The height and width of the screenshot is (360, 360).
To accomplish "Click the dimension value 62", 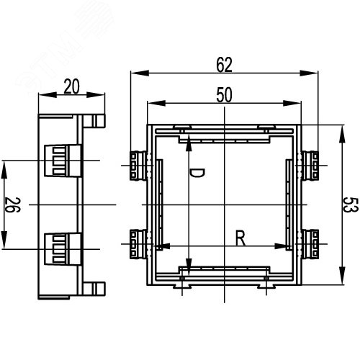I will [x=224, y=66].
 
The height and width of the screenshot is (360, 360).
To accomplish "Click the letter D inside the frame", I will [x=199, y=172].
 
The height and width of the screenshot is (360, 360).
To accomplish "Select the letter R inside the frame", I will [x=241, y=238].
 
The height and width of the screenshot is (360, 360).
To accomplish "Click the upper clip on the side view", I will [x=58, y=161].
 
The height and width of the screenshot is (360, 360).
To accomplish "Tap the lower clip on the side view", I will [x=58, y=248].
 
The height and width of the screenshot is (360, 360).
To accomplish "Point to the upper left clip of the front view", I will [x=138, y=166].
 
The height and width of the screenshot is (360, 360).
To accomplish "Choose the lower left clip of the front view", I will [x=138, y=243].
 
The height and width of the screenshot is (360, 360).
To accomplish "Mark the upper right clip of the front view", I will [x=312, y=166].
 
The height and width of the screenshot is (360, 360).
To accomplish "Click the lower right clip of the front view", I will [x=312, y=243].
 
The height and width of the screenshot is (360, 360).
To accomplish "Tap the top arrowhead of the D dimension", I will [x=189, y=143].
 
